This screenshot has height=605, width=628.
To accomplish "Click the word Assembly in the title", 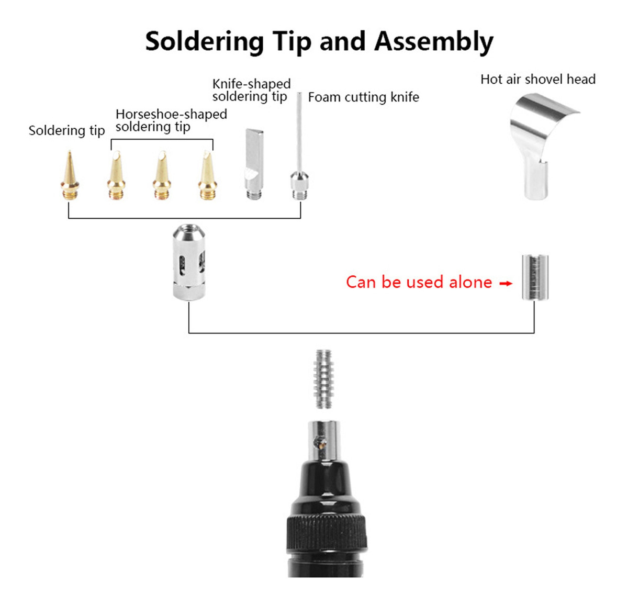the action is (434, 42).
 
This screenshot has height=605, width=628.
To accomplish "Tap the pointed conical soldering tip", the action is (70, 175).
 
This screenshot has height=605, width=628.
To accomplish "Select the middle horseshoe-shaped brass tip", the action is (162, 175).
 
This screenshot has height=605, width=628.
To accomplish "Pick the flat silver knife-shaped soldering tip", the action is (254, 164).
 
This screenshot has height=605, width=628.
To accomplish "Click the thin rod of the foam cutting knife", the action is (299, 132).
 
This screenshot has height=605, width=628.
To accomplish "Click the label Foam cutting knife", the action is (363, 97).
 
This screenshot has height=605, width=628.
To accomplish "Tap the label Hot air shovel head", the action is (537, 80).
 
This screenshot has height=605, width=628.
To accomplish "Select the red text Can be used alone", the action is (419, 282).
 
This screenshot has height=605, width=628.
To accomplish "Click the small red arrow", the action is (506, 284).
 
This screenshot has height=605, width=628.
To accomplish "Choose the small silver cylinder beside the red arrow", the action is (535, 277).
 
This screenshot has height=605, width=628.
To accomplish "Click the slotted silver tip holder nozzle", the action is (189, 263).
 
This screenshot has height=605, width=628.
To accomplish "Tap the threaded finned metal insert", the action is (323, 379).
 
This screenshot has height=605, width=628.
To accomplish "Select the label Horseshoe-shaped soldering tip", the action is (171, 120).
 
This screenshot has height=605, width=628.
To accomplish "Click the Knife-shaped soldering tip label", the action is (251, 91).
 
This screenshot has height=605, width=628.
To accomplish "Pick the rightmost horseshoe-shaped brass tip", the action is (208, 175).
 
